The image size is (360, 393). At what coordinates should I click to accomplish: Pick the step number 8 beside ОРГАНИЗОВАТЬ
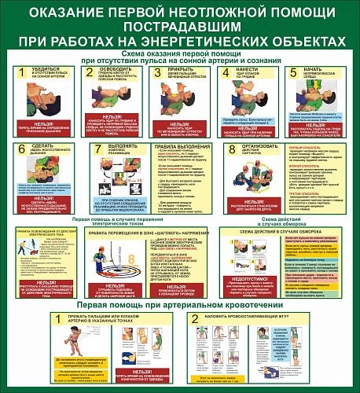pos(232,149)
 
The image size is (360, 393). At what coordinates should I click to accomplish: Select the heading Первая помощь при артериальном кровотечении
pos(180,303)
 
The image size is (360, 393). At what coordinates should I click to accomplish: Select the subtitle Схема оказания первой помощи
pos(180,52)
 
